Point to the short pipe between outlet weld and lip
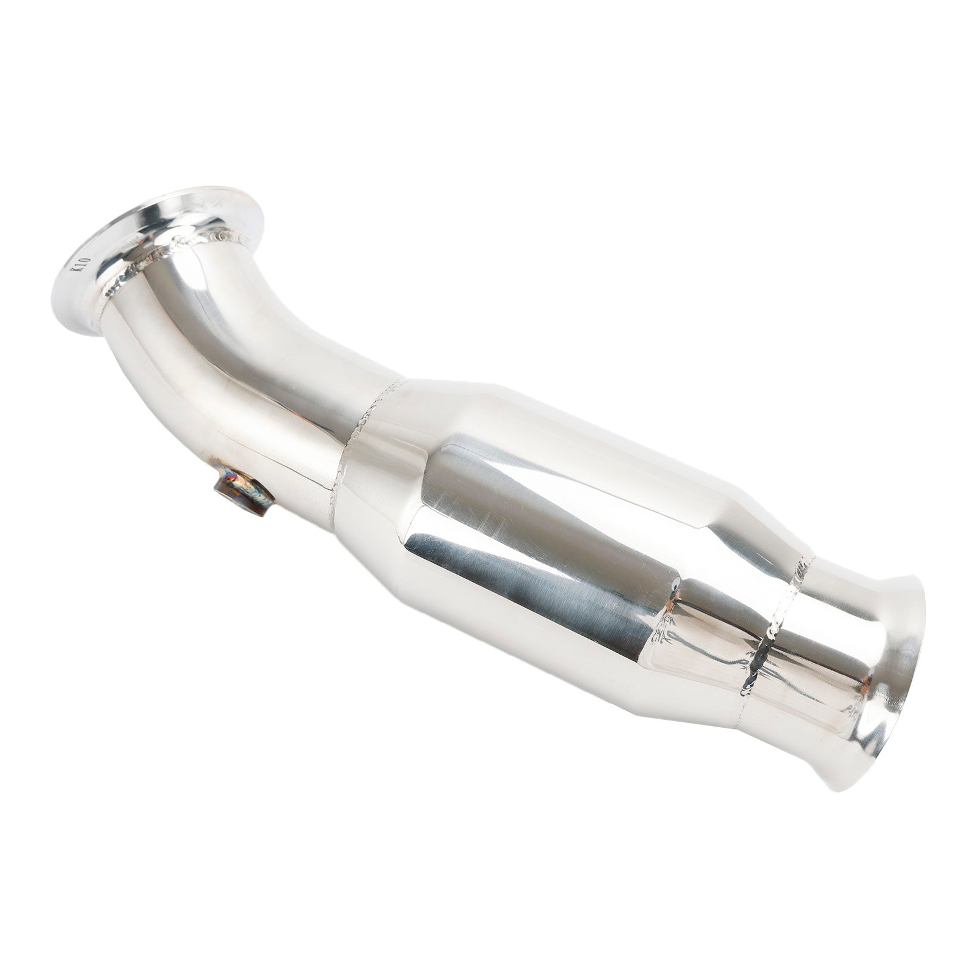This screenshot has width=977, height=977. pos(824,659)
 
